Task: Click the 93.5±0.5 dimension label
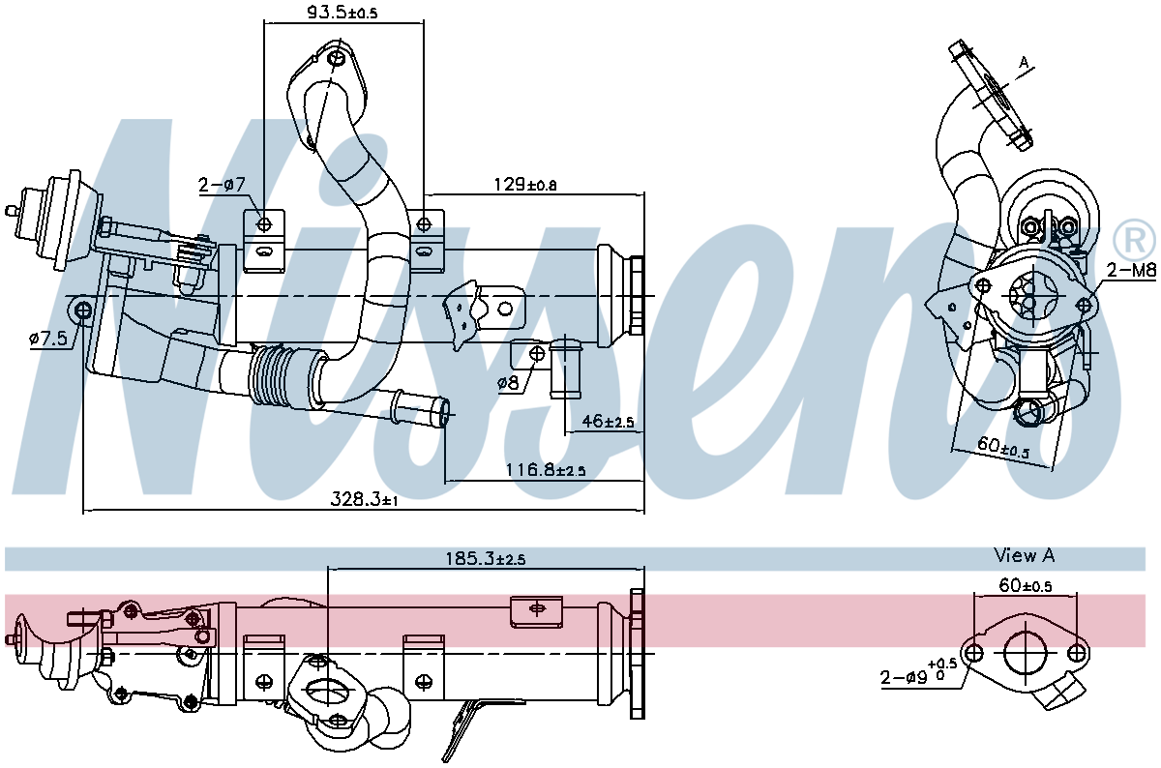[x=314, y=12]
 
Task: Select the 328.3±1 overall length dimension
[x=365, y=499]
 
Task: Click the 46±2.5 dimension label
[x=606, y=422]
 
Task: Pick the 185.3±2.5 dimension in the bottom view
[x=485, y=558]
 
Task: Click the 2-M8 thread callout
[x=1131, y=271]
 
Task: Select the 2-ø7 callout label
[x=223, y=185]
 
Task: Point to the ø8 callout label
[x=508, y=383]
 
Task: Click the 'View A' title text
[x=1024, y=555]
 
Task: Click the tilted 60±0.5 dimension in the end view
[x=1002, y=448]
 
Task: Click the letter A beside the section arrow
[x=1024, y=63]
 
